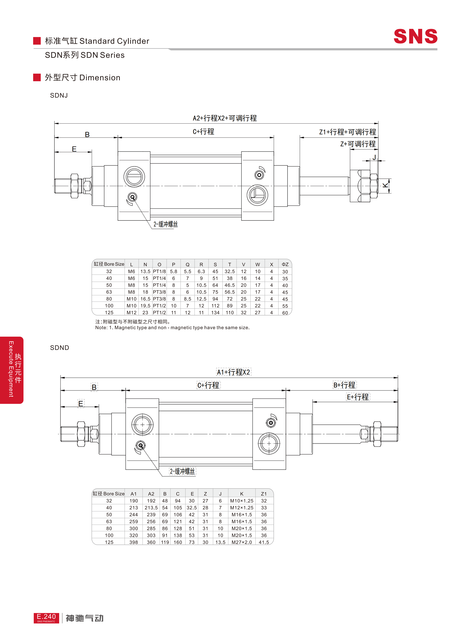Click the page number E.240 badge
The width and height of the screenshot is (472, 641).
tap(46, 617)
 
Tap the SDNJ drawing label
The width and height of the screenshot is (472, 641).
tap(59, 96)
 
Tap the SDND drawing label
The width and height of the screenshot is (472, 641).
tap(59, 348)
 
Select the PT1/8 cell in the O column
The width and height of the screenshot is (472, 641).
tap(159, 271)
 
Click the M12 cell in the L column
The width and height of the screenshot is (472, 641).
tap(131, 313)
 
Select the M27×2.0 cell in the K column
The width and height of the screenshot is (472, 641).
tap(242, 542)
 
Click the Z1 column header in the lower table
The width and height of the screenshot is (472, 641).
tap(264, 494)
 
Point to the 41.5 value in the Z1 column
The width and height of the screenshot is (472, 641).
tap(264, 542)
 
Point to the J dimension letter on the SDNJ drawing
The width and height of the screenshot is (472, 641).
tap(374, 157)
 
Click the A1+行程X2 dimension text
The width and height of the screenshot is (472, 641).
tap(233, 372)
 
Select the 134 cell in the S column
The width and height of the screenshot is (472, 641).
tap(215, 313)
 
